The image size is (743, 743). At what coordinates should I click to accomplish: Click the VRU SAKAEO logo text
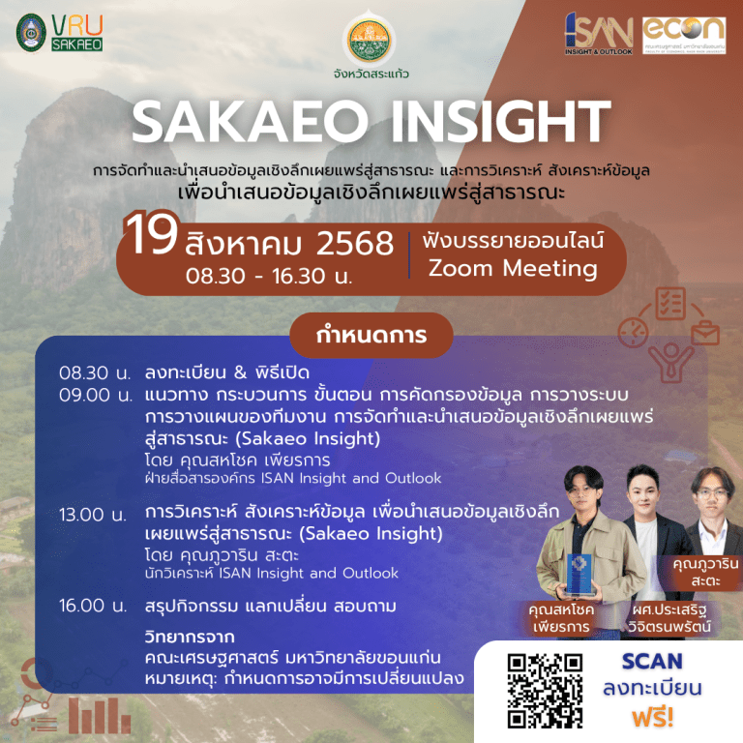click(x=77, y=32)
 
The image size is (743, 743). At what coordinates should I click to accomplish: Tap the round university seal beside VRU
click(x=31, y=32)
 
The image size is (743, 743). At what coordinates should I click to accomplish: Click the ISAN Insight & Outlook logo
click(x=599, y=36)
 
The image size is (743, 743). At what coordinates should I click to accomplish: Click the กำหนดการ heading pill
click(x=371, y=335)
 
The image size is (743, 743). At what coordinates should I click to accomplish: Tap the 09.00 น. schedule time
click(x=95, y=394)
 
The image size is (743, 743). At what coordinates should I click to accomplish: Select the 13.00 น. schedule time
click(x=95, y=514)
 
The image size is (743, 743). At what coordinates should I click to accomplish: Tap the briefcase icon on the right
click(x=703, y=334)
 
